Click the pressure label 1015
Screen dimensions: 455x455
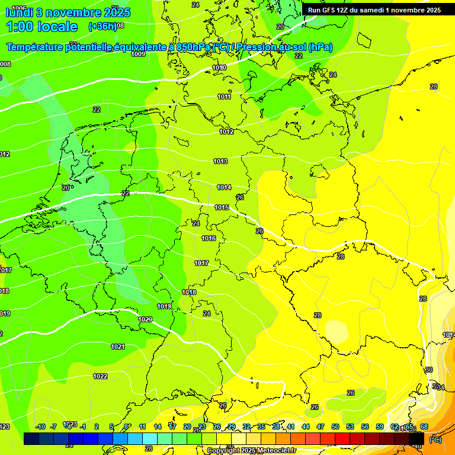222,207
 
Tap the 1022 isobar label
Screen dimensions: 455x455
100,376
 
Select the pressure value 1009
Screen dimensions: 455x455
138,54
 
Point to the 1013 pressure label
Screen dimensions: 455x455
220,161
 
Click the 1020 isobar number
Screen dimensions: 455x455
145,319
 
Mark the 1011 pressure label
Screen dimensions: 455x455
224,97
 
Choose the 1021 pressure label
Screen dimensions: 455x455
118,347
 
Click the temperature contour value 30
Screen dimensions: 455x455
429,369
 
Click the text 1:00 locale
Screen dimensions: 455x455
41,27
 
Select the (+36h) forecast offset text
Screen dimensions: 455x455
102,27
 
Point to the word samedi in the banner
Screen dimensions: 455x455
371,10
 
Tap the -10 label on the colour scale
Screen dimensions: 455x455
40,427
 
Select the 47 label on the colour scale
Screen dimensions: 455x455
321,427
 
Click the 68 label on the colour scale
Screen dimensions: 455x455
424,427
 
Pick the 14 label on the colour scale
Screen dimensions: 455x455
158,427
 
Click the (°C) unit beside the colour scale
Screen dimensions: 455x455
435,440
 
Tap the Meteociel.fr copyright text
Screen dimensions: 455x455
251,450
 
